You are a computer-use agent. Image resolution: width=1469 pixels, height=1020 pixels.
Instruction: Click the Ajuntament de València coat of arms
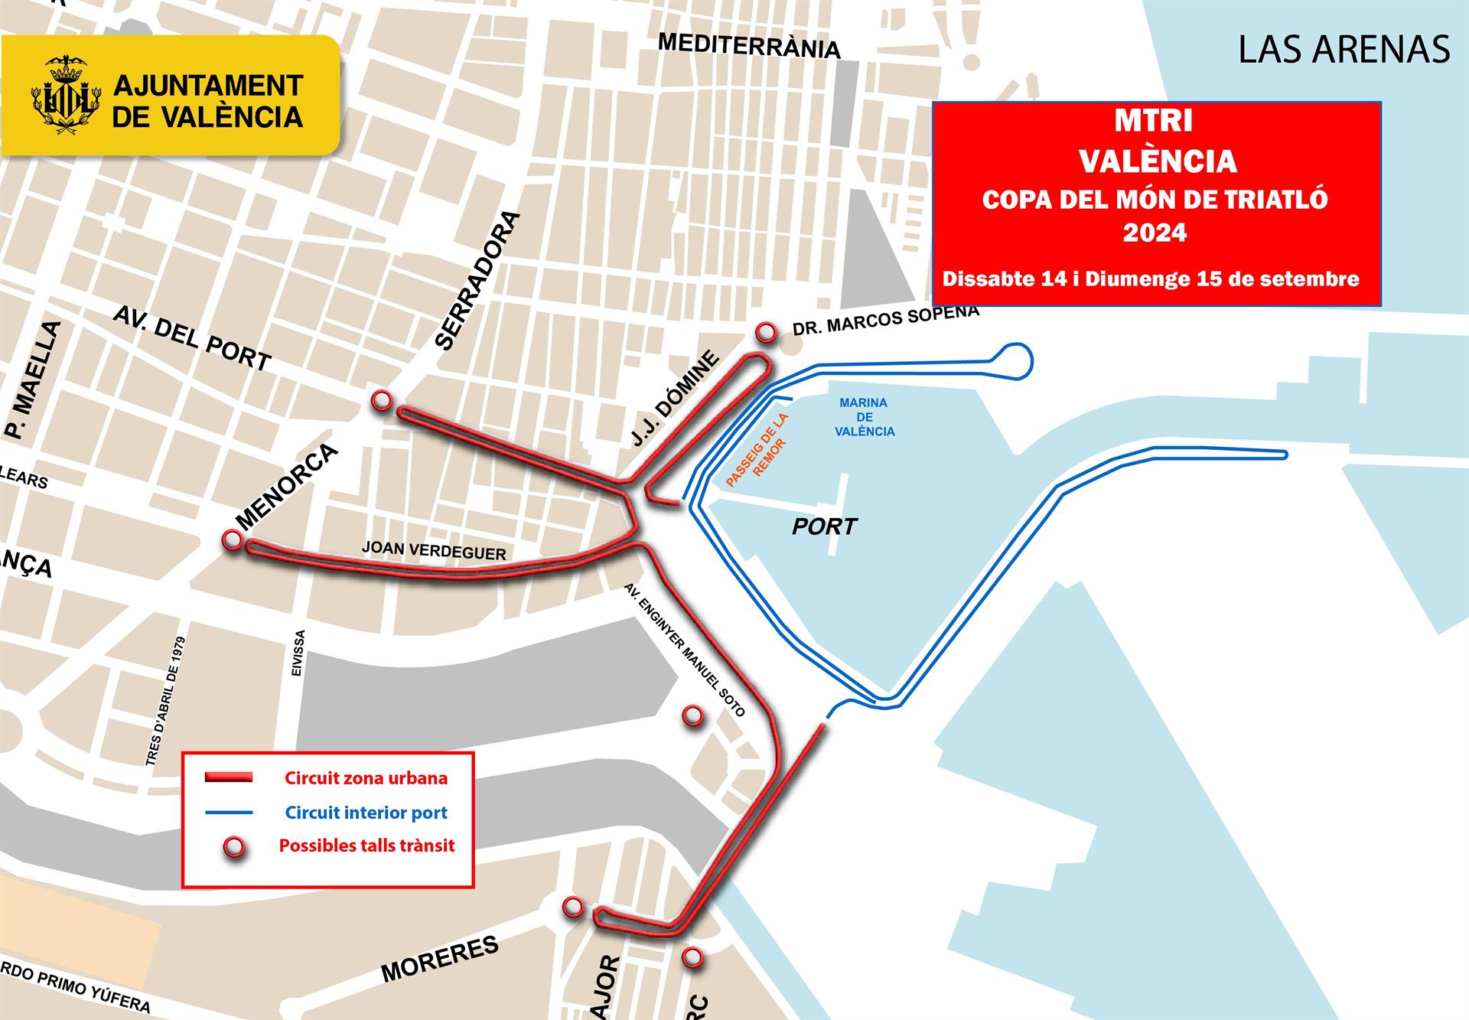66,96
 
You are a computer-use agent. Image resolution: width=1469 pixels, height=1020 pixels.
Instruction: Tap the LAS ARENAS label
1344,50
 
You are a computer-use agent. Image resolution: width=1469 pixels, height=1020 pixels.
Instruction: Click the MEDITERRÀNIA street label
749,46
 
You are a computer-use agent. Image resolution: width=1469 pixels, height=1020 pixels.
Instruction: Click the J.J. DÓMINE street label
675,399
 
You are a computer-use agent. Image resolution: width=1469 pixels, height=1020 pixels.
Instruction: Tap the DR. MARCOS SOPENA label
885,320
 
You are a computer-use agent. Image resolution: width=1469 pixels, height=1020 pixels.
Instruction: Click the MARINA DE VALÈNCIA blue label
864,417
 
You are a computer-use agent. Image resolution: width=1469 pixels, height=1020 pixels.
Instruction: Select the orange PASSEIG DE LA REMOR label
757,451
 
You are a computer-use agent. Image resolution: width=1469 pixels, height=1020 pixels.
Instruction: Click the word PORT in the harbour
824,526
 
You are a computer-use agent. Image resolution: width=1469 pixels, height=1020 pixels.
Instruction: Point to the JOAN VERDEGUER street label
434,551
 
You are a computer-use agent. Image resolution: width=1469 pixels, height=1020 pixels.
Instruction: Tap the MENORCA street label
287,487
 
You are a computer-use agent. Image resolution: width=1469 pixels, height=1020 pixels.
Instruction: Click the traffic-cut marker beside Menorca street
232,540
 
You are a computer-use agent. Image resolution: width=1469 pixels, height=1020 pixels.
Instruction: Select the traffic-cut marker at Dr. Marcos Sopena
765,333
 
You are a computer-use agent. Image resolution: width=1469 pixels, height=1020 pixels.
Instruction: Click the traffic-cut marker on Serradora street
381,400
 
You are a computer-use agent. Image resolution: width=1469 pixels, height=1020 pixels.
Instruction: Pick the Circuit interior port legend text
366,813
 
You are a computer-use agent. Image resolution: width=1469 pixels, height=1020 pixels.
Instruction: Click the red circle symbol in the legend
234,847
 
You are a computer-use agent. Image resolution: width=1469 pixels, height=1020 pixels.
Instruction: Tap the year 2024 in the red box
1155,233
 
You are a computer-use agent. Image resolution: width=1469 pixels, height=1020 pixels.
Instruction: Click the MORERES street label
440,960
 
